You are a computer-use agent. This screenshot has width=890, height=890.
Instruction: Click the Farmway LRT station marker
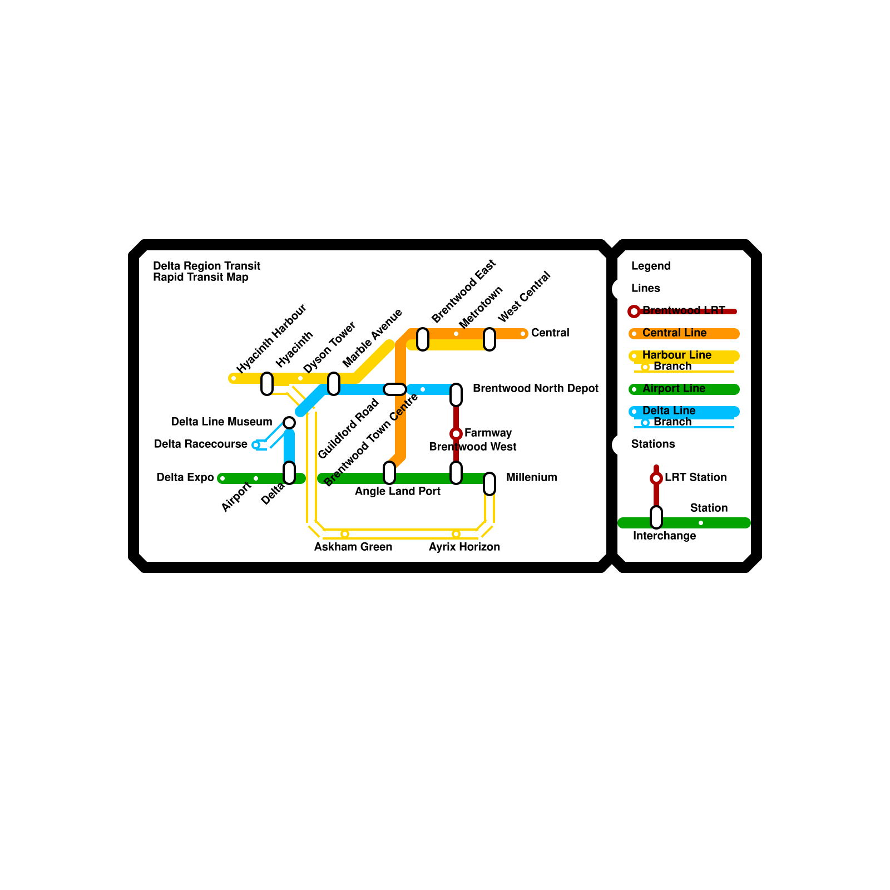(x=456, y=433)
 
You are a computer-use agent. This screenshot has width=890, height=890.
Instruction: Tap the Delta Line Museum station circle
(x=289, y=423)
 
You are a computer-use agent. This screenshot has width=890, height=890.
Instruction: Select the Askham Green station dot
(x=345, y=534)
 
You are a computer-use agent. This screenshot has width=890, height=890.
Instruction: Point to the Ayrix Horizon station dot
(x=456, y=534)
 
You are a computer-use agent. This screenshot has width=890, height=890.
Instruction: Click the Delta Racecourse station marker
(x=256, y=445)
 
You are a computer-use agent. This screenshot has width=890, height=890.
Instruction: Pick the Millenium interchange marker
(x=489, y=483)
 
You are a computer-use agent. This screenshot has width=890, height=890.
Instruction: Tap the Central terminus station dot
(x=523, y=334)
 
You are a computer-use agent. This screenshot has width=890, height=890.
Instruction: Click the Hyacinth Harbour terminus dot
(x=234, y=378)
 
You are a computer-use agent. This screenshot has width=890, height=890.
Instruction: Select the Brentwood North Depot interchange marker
(x=456, y=394)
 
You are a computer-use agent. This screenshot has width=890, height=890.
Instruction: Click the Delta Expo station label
(x=185, y=478)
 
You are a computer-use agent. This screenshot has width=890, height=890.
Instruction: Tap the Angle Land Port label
(x=398, y=492)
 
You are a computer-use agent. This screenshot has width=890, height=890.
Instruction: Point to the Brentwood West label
(x=473, y=447)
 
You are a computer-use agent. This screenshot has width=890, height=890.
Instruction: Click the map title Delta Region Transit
(x=206, y=266)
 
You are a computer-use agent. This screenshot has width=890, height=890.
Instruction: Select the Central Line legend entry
(x=674, y=333)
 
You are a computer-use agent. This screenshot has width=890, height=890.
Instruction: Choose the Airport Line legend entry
(x=674, y=389)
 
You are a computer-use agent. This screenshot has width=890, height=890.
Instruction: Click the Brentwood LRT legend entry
(x=683, y=310)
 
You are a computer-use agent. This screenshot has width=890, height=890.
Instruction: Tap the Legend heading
(x=651, y=266)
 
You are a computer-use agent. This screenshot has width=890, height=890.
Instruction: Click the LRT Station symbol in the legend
(x=656, y=478)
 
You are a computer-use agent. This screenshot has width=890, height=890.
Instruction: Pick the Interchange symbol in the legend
(x=656, y=517)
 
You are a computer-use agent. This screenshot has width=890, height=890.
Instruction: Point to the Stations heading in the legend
(x=653, y=444)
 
